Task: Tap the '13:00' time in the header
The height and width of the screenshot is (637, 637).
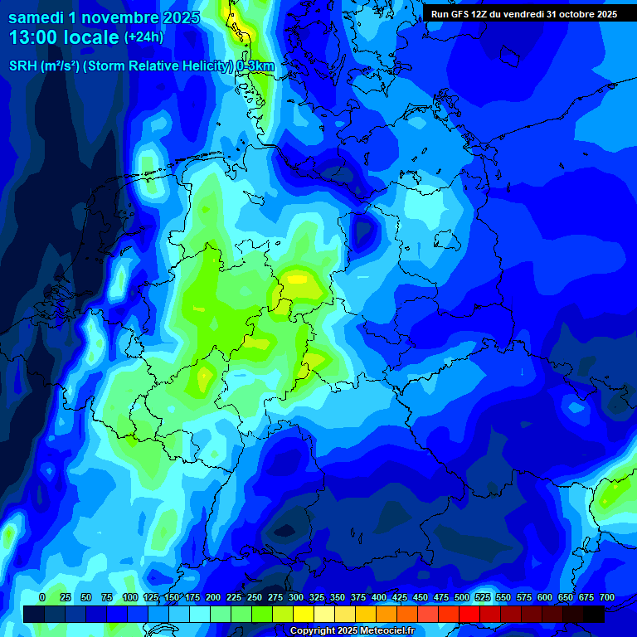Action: click(32, 38)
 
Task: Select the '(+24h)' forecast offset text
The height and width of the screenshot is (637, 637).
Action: click(143, 37)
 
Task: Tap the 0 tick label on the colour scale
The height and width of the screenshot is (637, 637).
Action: click(42, 597)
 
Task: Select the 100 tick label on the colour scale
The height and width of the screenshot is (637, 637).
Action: click(129, 597)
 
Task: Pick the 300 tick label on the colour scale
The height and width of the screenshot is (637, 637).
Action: click(296, 597)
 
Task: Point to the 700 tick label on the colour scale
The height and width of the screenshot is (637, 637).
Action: click(607, 597)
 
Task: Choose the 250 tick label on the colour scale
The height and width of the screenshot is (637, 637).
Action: click(255, 597)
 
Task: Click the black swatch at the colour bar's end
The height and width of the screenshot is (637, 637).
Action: click(594, 614)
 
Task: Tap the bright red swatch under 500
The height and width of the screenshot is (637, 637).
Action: click(469, 614)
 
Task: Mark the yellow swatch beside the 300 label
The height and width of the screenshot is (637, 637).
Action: click(304, 614)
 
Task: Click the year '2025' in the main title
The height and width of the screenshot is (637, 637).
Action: click(177, 17)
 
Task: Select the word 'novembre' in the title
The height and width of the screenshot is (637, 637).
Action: click(112, 17)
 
